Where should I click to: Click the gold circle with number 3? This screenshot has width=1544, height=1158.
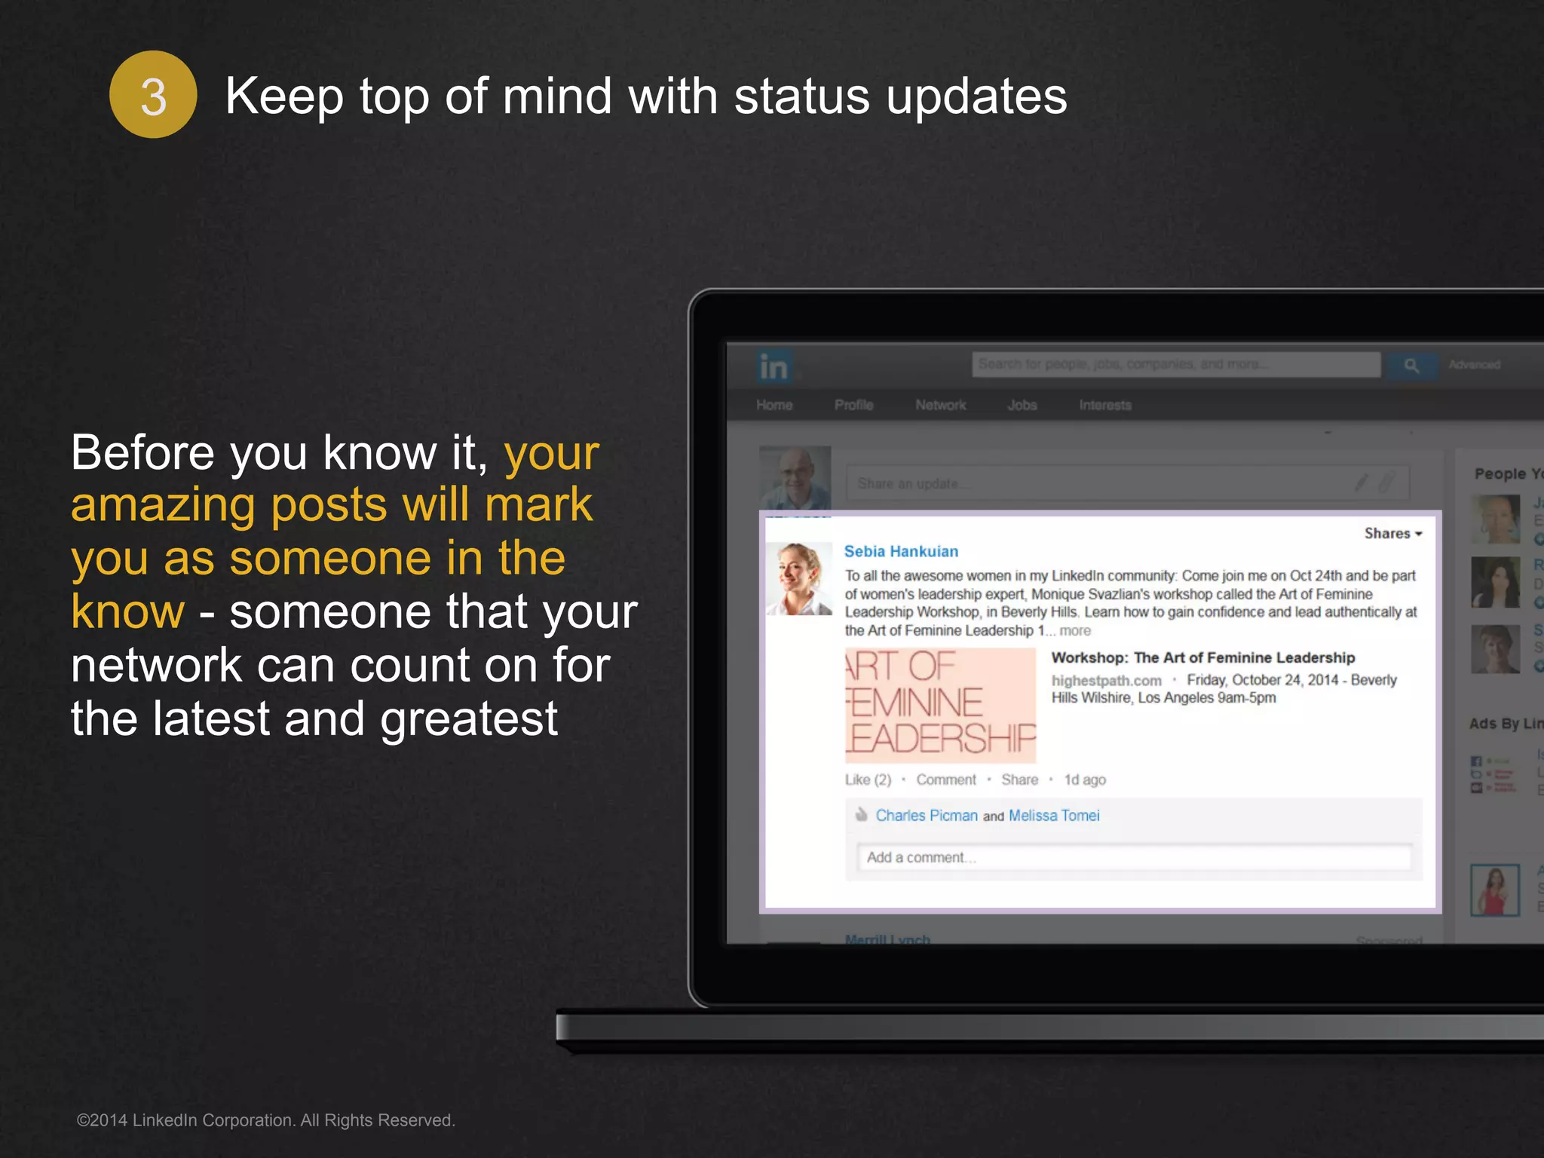coord(153,95)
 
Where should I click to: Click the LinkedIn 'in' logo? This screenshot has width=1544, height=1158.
coord(774,366)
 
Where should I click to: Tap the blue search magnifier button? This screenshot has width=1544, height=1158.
coord(1411,365)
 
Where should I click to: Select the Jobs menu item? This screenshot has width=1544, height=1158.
coord(1022,405)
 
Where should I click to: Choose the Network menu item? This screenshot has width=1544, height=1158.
coord(940,405)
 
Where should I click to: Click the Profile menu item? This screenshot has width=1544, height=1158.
coord(853,405)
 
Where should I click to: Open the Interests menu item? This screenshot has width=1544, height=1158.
coord(1104,405)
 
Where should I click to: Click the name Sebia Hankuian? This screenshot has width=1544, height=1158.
coord(901,551)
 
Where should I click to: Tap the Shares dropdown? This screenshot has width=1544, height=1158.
coord(1392,533)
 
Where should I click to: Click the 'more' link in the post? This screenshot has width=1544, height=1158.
coord(1075,631)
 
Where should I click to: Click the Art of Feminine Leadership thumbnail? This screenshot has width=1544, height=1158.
coord(940,704)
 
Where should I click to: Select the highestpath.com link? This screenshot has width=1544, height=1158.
coord(1106,680)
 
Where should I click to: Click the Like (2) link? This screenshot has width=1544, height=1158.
coord(868,780)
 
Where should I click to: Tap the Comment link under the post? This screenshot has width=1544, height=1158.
coord(945,780)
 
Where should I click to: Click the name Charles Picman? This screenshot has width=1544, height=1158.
coord(927,815)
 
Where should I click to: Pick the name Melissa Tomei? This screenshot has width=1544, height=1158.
coord(1054,815)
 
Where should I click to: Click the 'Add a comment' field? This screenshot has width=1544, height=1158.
coord(1134,857)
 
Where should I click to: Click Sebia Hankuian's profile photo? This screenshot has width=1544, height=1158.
coord(798,579)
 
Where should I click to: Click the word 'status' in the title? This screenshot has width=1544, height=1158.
coord(801,96)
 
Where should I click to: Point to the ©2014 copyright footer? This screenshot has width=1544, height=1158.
coord(265,1120)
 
